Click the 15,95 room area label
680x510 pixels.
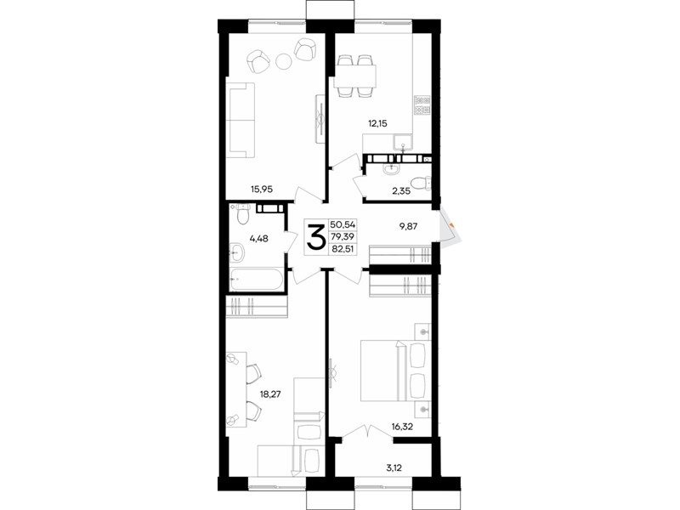tap(262, 189)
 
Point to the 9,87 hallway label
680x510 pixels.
tap(407, 226)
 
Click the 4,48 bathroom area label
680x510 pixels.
tap(259, 238)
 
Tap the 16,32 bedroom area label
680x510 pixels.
tap(402, 427)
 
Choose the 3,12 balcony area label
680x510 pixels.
tap(394, 468)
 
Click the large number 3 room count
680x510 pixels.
tap(316, 236)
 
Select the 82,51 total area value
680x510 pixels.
tap(343, 249)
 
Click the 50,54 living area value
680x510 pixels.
tap(343, 224)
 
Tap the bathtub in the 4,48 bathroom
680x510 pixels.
tap(257, 280)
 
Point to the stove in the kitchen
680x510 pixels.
tap(422, 105)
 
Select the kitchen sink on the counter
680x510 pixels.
tap(403, 144)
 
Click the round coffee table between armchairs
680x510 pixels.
tap(284, 60)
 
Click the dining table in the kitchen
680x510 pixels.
tap(354, 76)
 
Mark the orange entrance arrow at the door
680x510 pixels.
tap(452, 225)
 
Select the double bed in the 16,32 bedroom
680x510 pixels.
tap(395, 371)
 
